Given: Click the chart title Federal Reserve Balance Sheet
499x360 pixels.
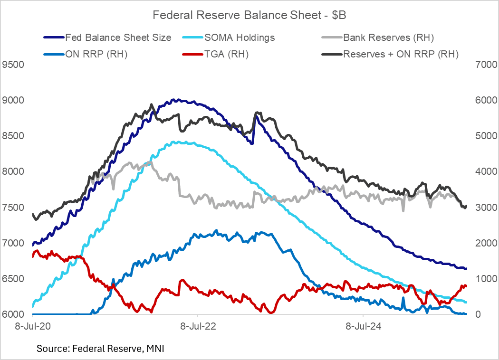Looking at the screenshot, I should click(249, 15).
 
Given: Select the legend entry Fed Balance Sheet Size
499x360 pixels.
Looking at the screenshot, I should click(118, 37).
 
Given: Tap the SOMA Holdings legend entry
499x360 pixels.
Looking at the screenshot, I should click(239, 37).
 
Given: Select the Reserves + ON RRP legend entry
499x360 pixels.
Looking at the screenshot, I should click(401, 54).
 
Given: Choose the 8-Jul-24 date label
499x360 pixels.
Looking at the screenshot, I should click(363, 327).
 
